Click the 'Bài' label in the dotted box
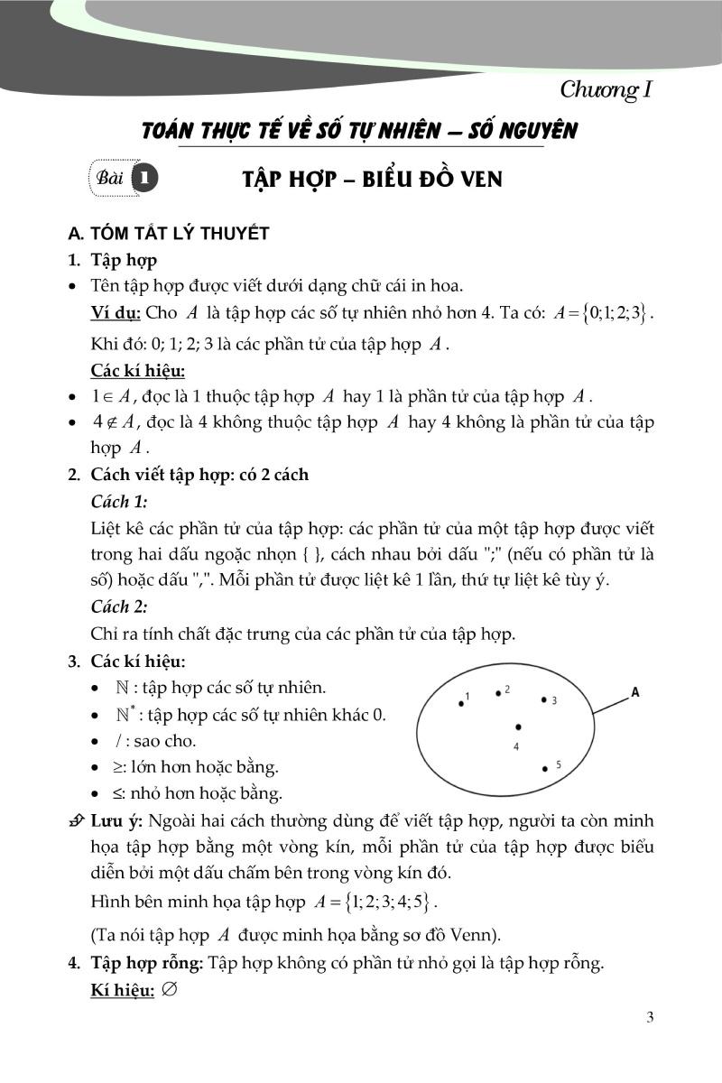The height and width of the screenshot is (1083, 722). pyautogui.click(x=108, y=178)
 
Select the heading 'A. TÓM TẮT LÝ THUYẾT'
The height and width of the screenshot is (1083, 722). pyautogui.click(x=169, y=235)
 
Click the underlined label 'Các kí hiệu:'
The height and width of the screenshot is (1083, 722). pyautogui.click(x=138, y=370)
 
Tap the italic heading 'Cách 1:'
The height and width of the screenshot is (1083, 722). pyautogui.click(x=119, y=501)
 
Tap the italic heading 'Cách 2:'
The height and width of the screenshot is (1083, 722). pyautogui.click(x=119, y=607)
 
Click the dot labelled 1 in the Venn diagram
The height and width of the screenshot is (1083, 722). pyautogui.click(x=461, y=703)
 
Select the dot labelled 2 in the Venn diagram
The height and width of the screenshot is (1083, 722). pyautogui.click(x=498, y=693)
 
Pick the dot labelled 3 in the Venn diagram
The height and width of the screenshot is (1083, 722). pyautogui.click(x=543, y=699)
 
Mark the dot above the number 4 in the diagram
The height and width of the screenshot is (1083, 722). pyautogui.click(x=518, y=727)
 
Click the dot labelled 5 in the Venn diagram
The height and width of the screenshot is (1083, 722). pyautogui.click(x=545, y=769)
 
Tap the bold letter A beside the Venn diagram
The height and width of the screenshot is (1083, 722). pyautogui.click(x=635, y=693)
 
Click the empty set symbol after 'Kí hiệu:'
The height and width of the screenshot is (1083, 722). pyautogui.click(x=169, y=989)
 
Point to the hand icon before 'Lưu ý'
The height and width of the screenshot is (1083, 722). pyautogui.click(x=77, y=822)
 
